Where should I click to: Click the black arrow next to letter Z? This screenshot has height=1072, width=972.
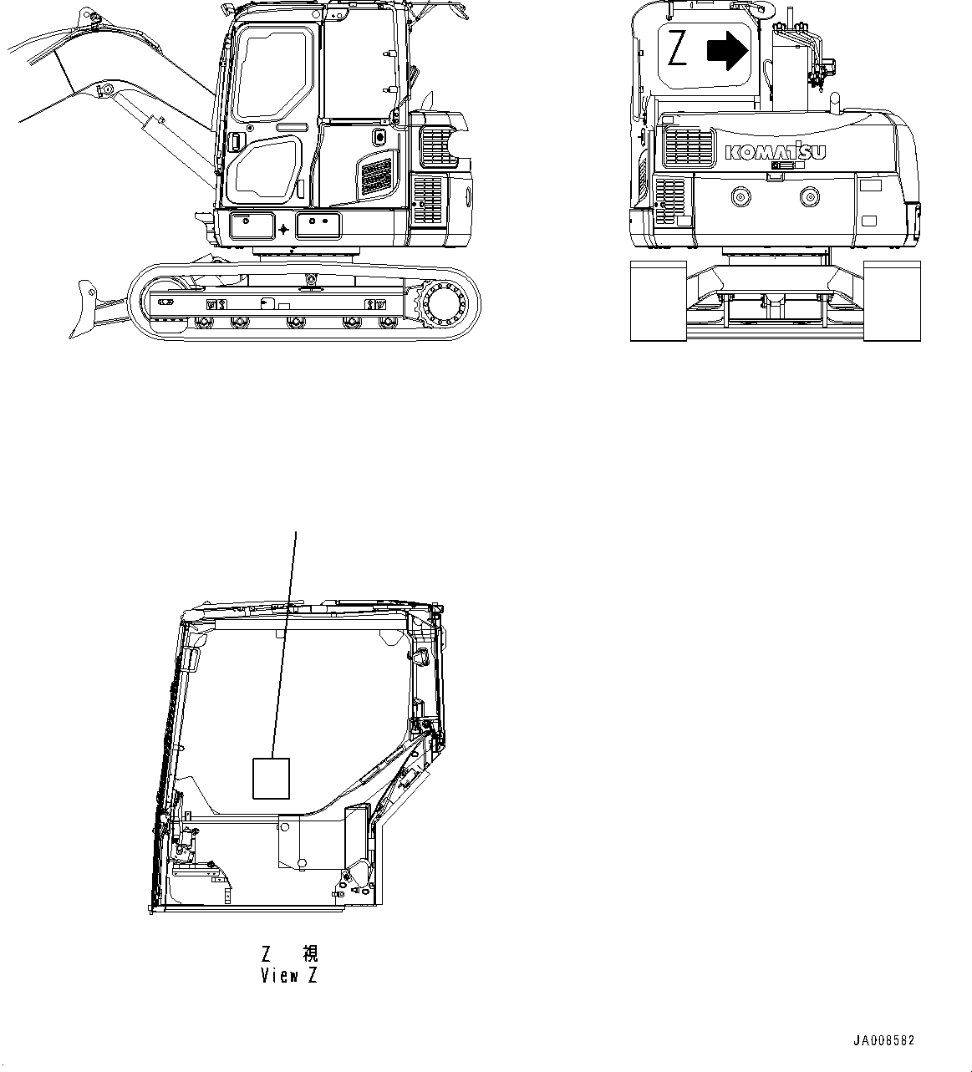[x=726, y=51]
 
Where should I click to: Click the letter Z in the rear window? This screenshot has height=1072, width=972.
[x=678, y=50]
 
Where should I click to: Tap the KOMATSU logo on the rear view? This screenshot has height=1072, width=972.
[x=776, y=152]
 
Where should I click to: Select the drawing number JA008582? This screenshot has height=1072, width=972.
[x=883, y=1040]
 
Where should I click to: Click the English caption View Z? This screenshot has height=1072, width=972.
[x=288, y=975]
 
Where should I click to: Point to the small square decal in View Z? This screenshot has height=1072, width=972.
[x=271, y=778]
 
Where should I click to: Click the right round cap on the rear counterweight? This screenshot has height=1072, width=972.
[x=809, y=198]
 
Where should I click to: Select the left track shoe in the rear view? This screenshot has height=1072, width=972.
[x=658, y=301]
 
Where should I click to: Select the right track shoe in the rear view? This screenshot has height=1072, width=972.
[x=891, y=301]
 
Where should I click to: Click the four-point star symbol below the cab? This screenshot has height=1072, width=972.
[x=284, y=229]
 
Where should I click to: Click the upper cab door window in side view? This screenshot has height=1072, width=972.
[x=276, y=73]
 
